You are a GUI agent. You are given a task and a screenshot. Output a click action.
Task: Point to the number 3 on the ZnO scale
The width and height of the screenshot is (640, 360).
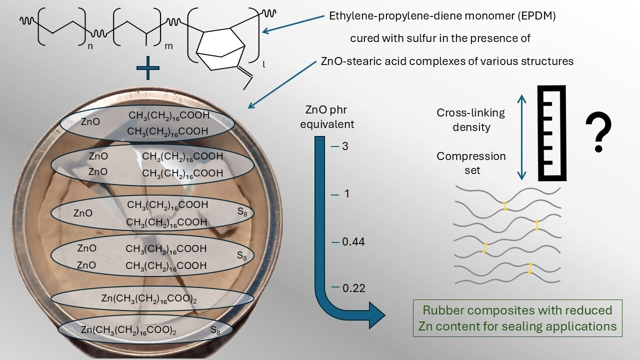click(x=345, y=146)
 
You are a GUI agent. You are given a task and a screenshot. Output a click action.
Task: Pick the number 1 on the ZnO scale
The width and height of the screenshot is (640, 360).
click(x=346, y=194)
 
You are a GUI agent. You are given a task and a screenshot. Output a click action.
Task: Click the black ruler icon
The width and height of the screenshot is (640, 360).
click(x=552, y=133)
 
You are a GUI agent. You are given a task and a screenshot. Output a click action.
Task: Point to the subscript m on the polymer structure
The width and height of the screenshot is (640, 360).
click(x=169, y=47)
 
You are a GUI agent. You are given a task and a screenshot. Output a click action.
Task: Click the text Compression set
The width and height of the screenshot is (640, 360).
click(x=471, y=163)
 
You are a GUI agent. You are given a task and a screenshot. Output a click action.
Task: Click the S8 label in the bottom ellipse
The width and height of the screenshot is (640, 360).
click(x=215, y=330)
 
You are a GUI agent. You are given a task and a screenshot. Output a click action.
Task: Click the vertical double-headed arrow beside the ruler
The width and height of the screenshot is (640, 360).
click(x=521, y=137)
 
